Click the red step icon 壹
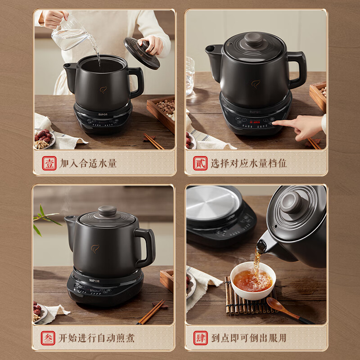[49, 163]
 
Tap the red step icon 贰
[200, 163]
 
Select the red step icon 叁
[49, 337]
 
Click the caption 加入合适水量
[88, 163]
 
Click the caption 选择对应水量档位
[248, 163]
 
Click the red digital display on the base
[254, 121]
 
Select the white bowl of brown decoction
[252, 280]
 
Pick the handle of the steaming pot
[146, 245]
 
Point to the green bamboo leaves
[45, 218]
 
